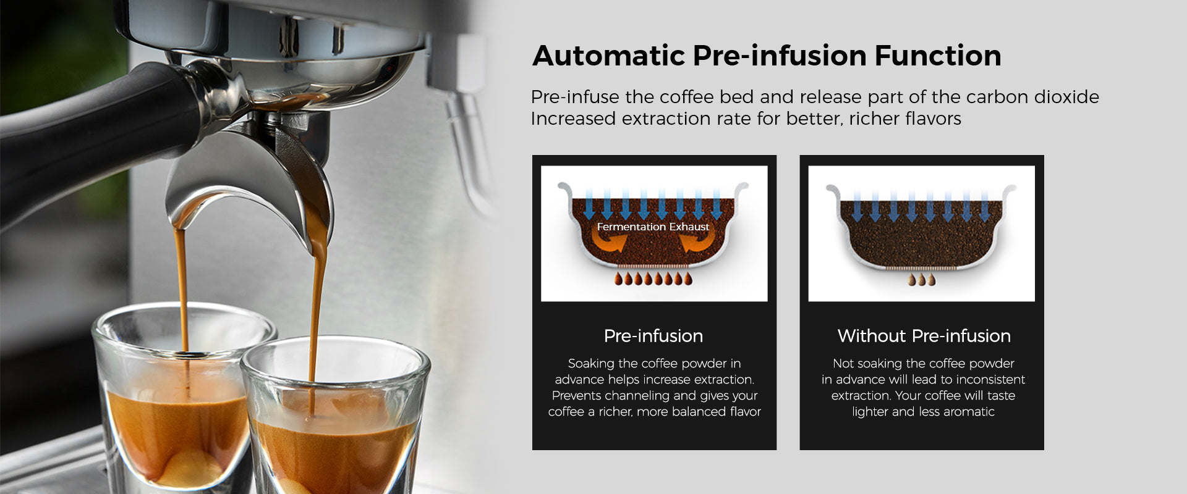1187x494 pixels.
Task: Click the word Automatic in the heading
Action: click(x=608, y=56)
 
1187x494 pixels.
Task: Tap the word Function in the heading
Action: click(x=938, y=56)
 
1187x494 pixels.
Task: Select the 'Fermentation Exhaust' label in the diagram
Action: click(x=653, y=227)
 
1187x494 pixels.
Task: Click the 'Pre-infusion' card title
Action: click(x=653, y=336)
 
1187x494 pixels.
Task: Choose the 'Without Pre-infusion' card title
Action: click(x=924, y=336)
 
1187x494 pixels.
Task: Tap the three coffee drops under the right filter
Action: click(x=922, y=280)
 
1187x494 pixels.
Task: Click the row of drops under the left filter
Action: click(x=653, y=279)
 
